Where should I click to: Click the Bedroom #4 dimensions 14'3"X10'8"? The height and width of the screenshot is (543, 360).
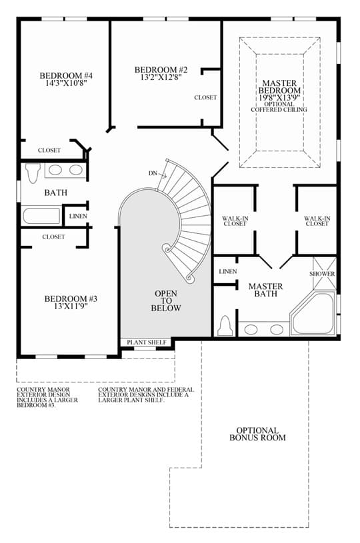click(66, 83)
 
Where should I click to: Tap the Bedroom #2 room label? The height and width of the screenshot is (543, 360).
click(161, 70)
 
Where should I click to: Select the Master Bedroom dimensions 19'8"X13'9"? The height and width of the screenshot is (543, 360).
click(279, 98)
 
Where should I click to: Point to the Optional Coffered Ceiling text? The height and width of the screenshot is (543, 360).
click(279, 107)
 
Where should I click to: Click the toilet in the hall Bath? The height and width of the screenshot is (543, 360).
click(33, 173)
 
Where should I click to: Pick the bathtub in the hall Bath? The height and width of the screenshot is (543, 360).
click(41, 215)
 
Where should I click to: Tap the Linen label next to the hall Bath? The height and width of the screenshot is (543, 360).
click(78, 216)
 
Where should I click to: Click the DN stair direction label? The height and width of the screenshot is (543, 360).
click(153, 173)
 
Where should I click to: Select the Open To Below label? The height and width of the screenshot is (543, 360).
click(166, 300)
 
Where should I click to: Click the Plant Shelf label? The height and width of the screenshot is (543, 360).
click(147, 342)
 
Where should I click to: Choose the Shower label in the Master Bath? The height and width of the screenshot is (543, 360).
click(322, 274)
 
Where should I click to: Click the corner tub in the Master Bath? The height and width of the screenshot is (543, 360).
click(313, 314)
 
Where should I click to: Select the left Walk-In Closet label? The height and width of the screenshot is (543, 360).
click(235, 221)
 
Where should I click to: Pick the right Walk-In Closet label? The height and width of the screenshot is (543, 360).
click(317, 221)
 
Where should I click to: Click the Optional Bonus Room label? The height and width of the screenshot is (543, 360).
click(258, 434)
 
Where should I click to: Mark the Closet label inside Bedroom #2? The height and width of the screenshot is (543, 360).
click(205, 98)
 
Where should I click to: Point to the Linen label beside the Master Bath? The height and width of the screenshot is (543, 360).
click(228, 272)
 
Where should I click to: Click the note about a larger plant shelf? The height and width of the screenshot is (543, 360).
click(146, 395)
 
